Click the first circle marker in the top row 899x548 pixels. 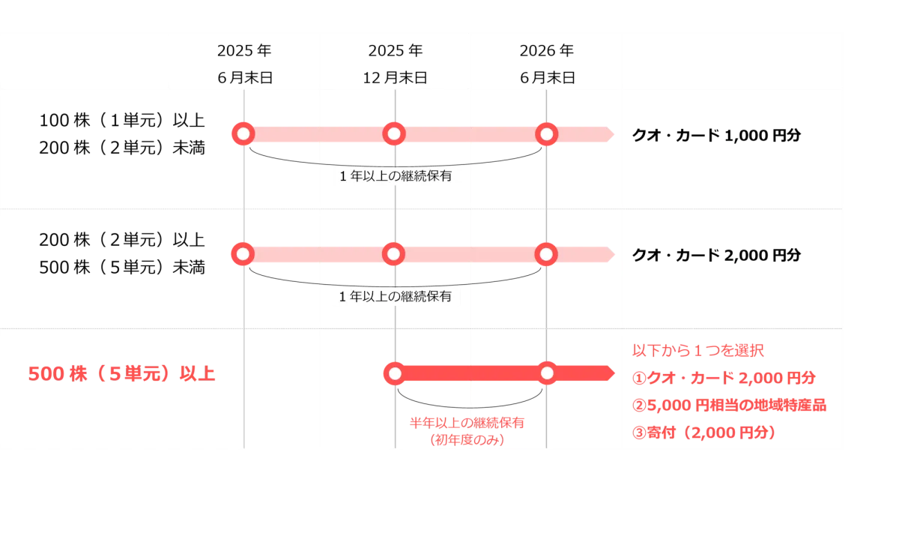242,133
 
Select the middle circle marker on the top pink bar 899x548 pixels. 394,133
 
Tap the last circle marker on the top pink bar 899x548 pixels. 547,133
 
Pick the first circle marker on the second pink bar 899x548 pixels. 242,254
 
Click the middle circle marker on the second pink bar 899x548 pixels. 394,254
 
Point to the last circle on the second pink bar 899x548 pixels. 547,254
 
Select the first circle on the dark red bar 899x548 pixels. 394,373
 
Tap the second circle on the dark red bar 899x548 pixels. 547,373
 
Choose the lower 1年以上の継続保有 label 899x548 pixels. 396,297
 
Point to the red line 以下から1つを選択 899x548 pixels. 698,350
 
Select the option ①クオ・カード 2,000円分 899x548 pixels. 723,378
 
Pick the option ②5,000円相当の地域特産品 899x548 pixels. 729,406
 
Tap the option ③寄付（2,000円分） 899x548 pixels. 704,433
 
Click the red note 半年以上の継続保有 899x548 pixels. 467,423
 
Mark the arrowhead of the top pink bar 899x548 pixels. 614,134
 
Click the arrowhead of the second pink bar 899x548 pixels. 614,254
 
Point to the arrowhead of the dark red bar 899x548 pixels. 612,373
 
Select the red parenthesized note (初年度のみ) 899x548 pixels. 467,440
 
